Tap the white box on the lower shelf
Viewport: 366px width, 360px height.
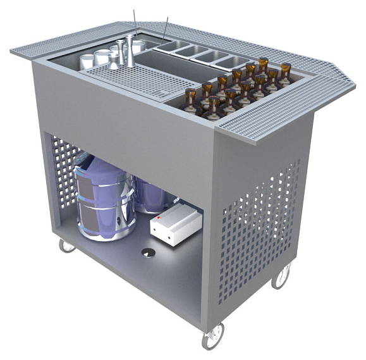175,225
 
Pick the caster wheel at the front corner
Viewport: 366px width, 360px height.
213,335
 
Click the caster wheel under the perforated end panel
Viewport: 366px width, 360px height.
281,276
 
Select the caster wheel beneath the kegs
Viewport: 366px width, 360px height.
66,245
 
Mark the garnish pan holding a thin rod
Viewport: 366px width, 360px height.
171,46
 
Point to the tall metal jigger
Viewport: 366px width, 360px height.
130,51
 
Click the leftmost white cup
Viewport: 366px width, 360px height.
87,61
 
